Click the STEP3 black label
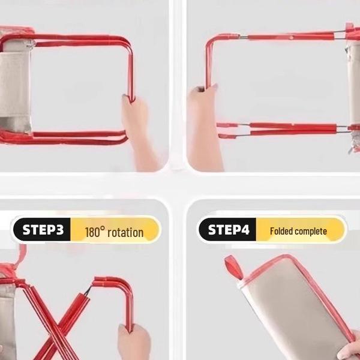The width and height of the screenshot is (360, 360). (42, 229)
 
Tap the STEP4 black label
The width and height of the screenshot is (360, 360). (227, 229)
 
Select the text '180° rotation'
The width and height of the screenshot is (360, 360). (114, 232)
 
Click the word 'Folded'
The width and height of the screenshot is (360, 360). (281, 231)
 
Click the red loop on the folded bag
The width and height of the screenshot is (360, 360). (234, 267)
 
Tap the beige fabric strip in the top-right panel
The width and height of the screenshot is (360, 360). (353, 83)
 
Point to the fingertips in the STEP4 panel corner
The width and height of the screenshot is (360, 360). (349, 352)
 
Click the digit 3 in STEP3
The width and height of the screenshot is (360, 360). (60, 229)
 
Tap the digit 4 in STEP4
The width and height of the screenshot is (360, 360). (245, 229)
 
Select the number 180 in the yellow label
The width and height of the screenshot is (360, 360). (93, 232)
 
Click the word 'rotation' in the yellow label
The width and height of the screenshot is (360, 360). (125, 233)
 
